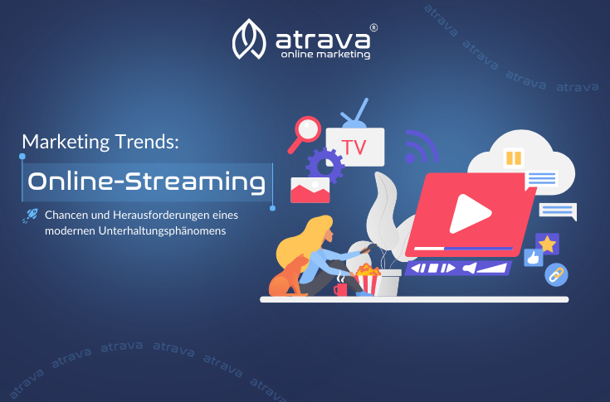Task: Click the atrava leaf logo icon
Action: click(249, 39)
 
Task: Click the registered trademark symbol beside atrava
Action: click(373, 27)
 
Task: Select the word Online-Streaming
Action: click(147, 182)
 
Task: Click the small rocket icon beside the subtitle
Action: click(31, 216)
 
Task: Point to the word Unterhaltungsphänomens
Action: click(162, 230)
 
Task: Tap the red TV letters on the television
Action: click(354, 148)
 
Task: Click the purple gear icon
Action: click(325, 166)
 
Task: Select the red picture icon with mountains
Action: click(310, 190)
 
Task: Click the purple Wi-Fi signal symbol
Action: click(421, 148)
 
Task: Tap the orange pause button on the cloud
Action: click(514, 157)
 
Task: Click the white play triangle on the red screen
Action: click(470, 214)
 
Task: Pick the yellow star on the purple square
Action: click(548, 244)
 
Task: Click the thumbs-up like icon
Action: click(534, 258)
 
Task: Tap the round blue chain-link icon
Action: click(556, 275)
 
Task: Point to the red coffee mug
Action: click(340, 289)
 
